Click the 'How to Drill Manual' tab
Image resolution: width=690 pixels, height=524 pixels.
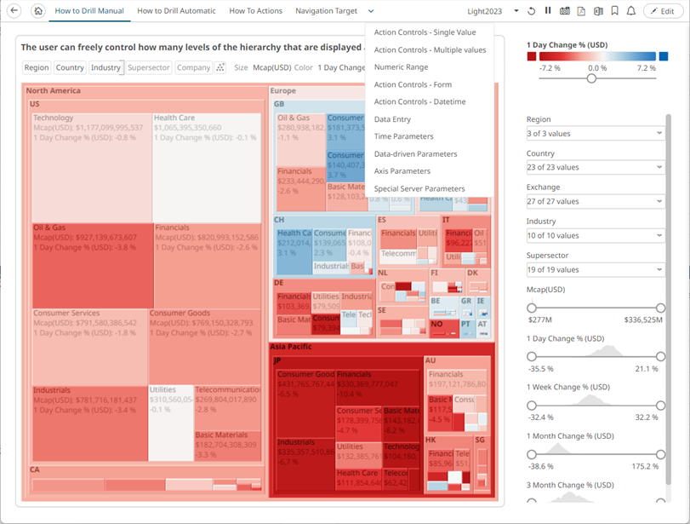click(88, 11)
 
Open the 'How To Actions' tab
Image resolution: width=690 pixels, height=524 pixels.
click(255, 11)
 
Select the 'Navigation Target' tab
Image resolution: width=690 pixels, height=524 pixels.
click(326, 11)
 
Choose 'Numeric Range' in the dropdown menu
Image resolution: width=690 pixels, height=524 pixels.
click(401, 67)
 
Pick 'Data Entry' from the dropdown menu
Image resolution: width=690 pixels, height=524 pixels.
click(391, 119)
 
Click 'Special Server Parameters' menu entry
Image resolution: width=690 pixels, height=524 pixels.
click(419, 188)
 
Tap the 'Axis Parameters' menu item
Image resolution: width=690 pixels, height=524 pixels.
click(402, 171)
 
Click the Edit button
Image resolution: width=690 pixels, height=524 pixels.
click(661, 11)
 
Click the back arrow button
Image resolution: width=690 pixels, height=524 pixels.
click(14, 11)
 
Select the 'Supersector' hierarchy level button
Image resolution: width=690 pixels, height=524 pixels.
click(149, 67)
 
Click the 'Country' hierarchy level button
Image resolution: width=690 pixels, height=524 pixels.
click(70, 67)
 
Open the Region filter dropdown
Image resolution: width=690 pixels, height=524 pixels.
click(595, 133)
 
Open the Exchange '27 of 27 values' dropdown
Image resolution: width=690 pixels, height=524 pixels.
click(595, 201)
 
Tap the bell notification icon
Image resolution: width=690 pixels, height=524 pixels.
click(630, 11)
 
